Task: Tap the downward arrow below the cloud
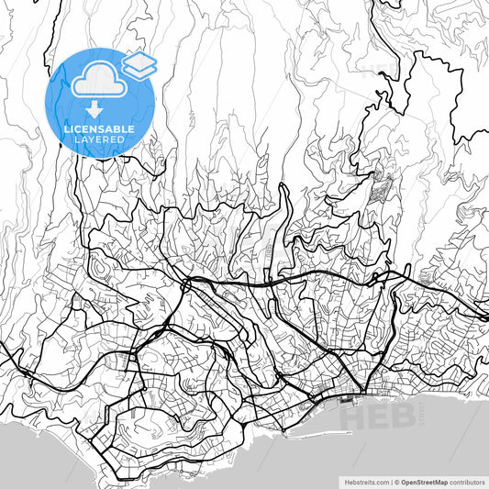click(95, 109)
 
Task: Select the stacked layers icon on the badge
click(139, 64)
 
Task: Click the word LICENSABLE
click(99, 129)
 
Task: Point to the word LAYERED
click(99, 139)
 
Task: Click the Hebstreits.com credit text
click(366, 481)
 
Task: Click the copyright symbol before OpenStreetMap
click(398, 481)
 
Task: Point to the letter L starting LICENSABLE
click(66, 129)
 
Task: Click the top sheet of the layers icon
click(139, 59)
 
